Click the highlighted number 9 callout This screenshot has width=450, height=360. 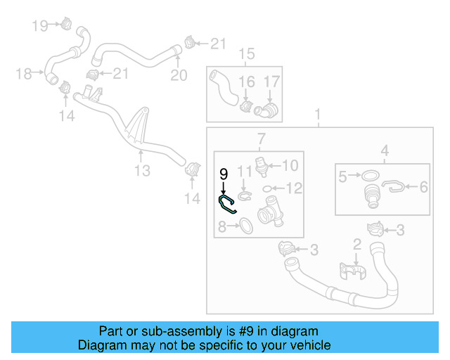click(224, 173)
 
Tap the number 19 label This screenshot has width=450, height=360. click(40, 26)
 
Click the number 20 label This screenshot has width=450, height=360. click(179, 75)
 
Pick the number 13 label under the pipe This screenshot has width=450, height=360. click(143, 171)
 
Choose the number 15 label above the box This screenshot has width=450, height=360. click(245, 54)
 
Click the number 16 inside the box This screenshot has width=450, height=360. click(245, 82)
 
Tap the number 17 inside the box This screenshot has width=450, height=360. click(271, 82)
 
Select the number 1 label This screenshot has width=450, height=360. click(317, 114)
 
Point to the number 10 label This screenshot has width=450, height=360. click(290, 166)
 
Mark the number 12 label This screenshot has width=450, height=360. click(294, 188)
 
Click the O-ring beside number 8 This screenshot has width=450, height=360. click(246, 226)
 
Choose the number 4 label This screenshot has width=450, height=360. click(384, 150)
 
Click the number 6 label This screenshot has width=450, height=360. click(424, 187)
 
